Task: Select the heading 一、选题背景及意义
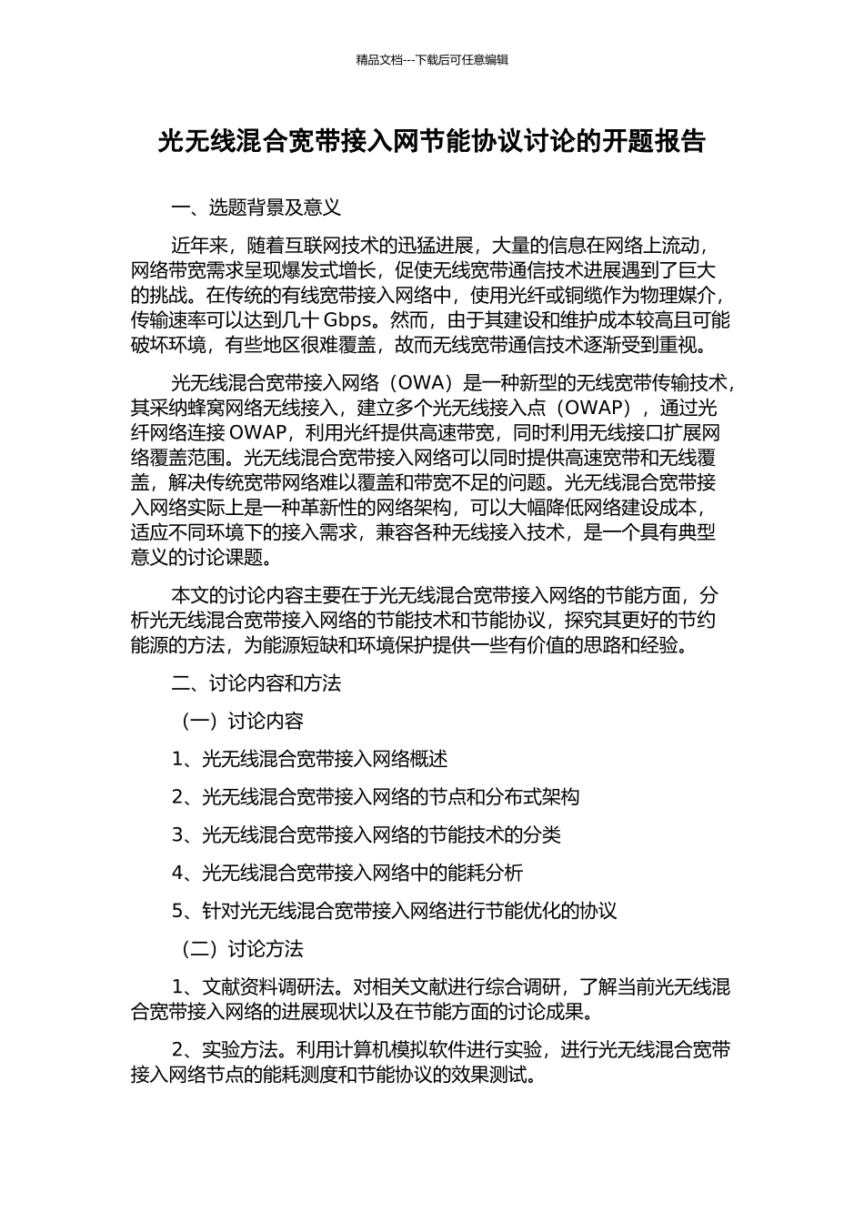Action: (x=256, y=207)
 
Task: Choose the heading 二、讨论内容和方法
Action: (x=256, y=683)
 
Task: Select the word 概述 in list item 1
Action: (x=429, y=759)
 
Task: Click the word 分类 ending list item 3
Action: (x=543, y=835)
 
